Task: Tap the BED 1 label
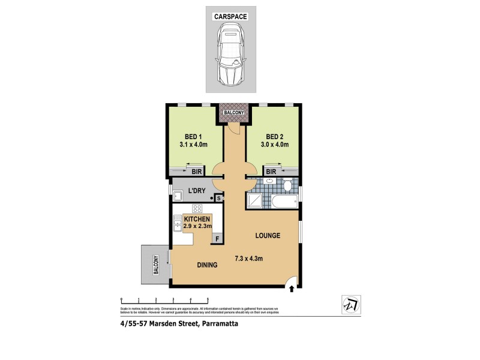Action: tap(193, 136)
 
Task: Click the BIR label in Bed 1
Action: tap(196, 171)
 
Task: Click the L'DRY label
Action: tap(197, 190)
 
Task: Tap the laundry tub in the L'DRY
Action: tap(178, 195)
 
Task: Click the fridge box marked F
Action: tap(217, 239)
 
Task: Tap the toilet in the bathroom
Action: tap(289, 185)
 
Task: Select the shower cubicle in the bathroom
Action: tap(255, 200)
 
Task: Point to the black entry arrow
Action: tap(292, 289)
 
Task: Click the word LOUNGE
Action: tap(268, 236)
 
